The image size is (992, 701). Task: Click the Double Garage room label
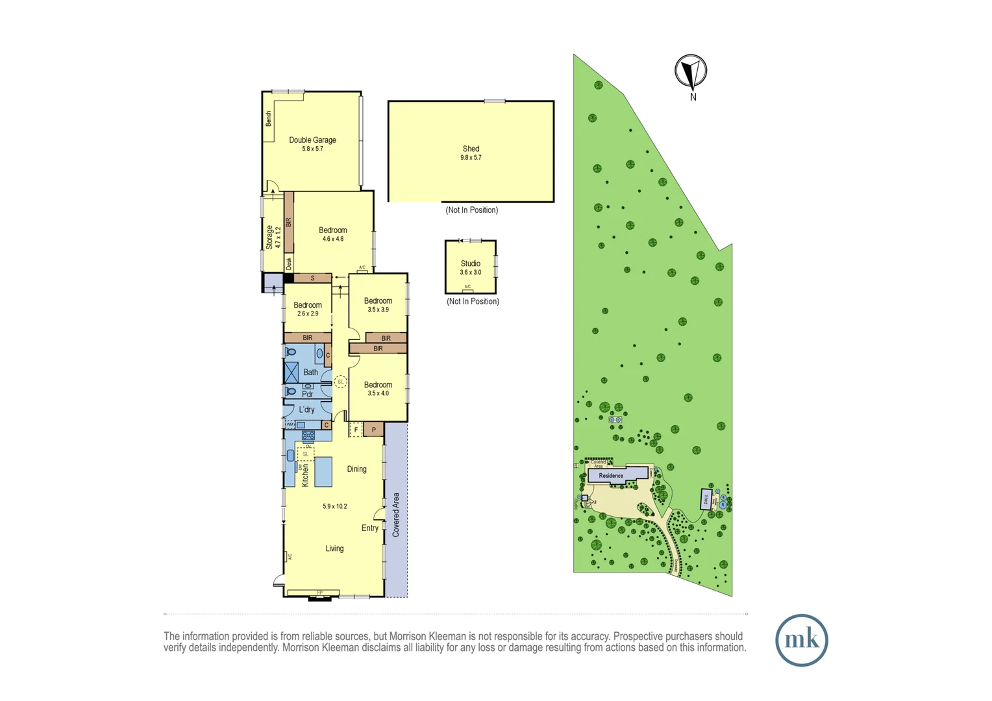[312, 140]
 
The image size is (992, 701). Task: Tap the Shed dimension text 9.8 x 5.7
[471, 158]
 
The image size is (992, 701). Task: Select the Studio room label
[470, 264]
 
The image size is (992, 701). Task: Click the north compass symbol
[691, 71]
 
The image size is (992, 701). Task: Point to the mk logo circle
[801, 640]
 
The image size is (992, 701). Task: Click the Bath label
[310, 373]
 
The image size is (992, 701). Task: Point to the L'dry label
[306, 410]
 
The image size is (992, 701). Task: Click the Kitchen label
[305, 475]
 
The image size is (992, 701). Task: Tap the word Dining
[356, 469]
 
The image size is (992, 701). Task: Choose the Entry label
[369, 528]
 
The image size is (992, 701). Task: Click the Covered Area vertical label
[396, 515]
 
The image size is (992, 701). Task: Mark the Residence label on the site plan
[610, 476]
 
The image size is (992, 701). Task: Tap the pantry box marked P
[373, 430]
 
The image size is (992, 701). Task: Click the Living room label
[334, 549]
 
